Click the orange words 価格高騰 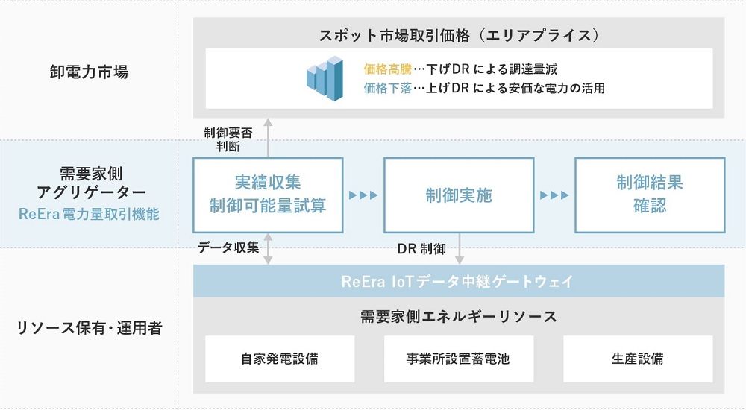tap(387, 69)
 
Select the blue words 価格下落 tap(387, 88)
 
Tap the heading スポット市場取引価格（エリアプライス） tap(459, 35)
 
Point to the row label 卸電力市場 tap(89, 72)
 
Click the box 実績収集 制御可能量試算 tap(268, 195)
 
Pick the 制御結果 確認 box tap(650, 195)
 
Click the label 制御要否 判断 tap(228, 138)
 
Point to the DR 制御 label tap(421, 247)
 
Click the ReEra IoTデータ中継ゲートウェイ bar tap(459, 282)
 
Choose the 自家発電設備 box tap(280, 359)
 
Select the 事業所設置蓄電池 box tap(459, 359)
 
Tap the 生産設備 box tap(638, 359)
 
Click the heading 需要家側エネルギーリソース tap(459, 317)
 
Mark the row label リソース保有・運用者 tap(89, 328)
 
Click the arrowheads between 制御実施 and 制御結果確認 tap(554, 195)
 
